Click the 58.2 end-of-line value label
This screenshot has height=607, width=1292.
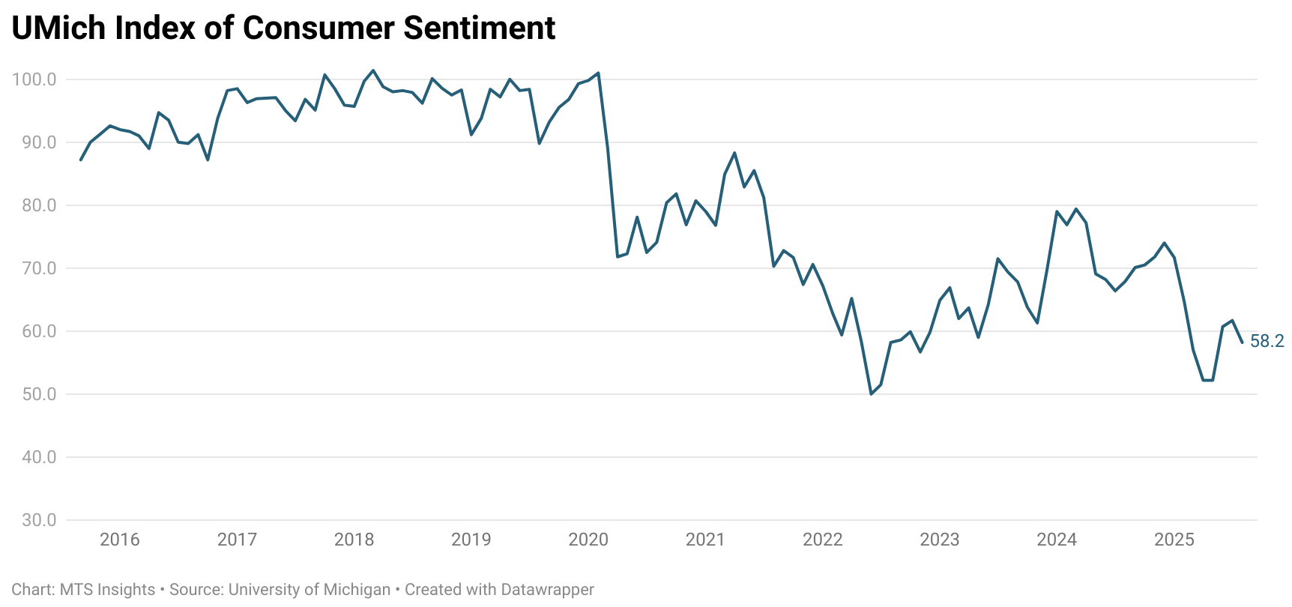pos(1267,342)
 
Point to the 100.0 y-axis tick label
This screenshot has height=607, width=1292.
pos(34,79)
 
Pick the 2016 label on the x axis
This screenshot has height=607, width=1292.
pos(120,540)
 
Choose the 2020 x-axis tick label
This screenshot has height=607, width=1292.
pos(588,540)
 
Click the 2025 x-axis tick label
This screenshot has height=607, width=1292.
pos(1174,540)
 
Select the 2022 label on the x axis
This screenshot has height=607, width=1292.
pos(822,540)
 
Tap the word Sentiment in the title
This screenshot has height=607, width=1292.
pos(480,28)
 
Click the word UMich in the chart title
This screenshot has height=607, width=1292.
pos(58,28)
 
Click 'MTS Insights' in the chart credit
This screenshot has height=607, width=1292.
pos(107,590)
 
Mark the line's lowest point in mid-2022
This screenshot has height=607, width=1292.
pos(871,394)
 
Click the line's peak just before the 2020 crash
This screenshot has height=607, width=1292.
pos(598,73)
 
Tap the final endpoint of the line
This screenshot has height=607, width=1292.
pos(1242,342)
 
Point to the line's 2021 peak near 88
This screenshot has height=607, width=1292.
pos(734,153)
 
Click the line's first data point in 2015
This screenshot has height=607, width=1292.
pos(81,160)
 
